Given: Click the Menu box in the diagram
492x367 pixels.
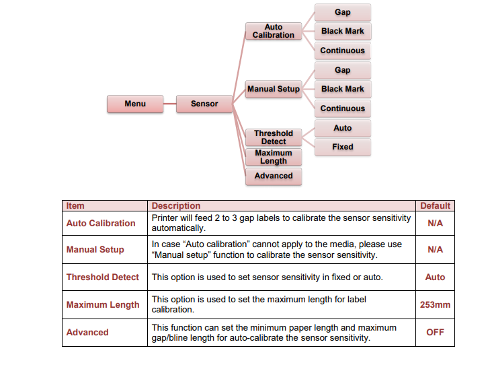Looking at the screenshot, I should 135,104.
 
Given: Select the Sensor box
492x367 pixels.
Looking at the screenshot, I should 204,104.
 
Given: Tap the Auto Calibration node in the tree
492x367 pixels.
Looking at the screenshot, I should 274,31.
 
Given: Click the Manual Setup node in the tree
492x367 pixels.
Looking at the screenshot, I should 274,89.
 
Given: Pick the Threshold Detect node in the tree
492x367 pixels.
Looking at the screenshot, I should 274,137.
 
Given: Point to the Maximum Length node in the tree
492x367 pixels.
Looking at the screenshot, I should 274,157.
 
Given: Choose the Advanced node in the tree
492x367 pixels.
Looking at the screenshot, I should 274,176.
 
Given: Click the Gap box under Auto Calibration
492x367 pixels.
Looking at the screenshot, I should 342,13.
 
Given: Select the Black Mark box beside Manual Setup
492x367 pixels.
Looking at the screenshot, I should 342,89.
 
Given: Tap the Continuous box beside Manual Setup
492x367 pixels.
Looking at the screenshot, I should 342,108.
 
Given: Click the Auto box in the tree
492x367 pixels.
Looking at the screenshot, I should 342,128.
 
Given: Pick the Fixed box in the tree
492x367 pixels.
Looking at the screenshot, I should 342,147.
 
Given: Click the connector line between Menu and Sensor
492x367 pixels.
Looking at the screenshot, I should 169,104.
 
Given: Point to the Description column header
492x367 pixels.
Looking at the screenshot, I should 176,206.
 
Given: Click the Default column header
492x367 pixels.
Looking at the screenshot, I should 435,206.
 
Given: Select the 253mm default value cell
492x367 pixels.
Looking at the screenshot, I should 435,305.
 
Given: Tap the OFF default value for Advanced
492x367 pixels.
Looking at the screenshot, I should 435,333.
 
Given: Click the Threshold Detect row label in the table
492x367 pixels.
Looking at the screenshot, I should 103,277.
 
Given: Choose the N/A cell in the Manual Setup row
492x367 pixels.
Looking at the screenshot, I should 435,249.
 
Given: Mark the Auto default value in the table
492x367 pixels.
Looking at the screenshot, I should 435,277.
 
